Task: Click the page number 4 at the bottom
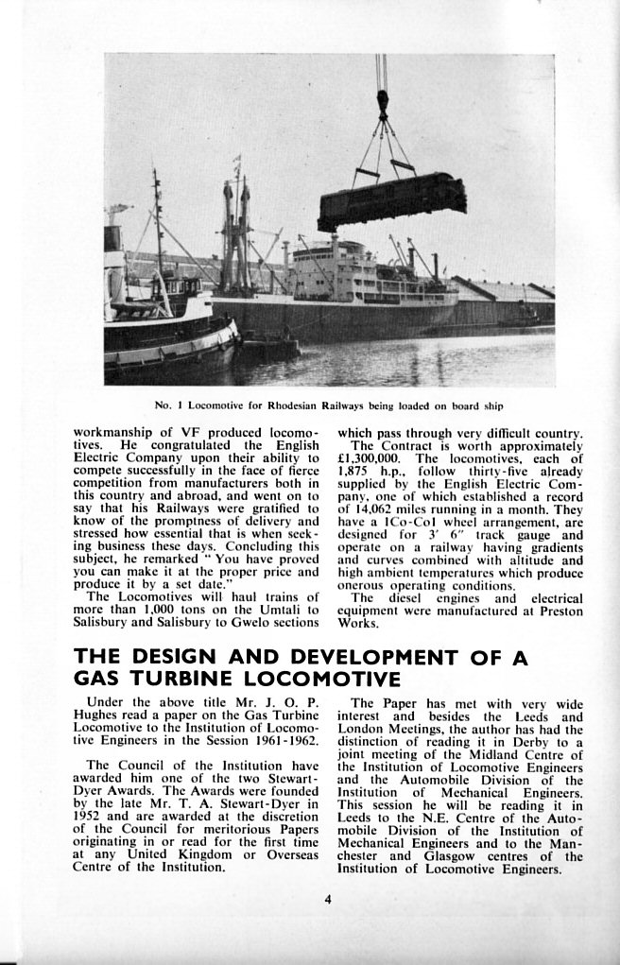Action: pyautogui.click(x=327, y=899)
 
